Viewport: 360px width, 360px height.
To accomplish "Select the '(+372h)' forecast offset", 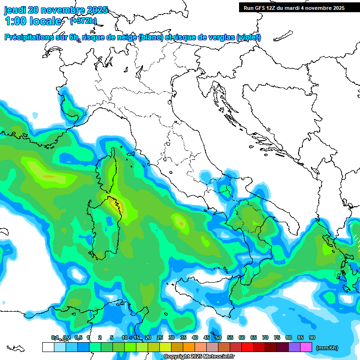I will click(83, 21).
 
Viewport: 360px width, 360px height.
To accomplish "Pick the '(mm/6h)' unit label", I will click(327, 348).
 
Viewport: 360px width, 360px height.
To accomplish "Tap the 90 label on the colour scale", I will click(312, 338).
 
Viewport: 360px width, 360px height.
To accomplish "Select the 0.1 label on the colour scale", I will click(54, 338).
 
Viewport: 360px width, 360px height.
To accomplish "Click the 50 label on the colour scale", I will click(218, 338).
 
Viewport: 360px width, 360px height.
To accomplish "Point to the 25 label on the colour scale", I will click(160, 338).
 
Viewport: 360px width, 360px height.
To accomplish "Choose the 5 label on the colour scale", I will click(112, 338).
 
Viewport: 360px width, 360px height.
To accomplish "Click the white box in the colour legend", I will click(48, 347).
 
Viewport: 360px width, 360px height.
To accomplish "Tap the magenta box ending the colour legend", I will click(306, 347).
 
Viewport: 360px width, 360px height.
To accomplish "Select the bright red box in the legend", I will click(247, 347).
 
